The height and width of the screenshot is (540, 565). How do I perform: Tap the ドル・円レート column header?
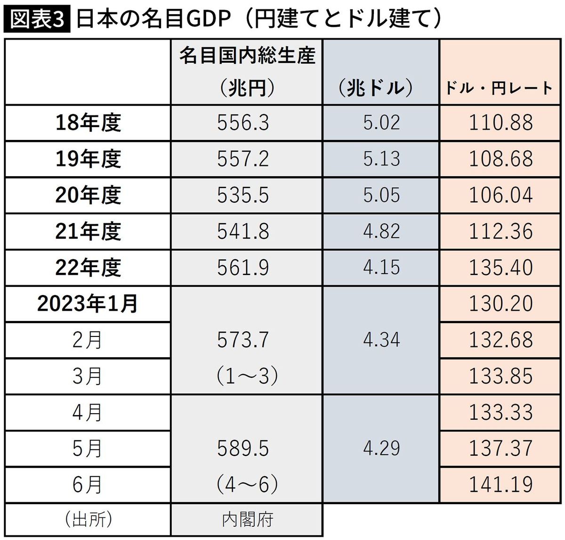coord(499,88)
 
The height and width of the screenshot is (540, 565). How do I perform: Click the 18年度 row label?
coord(88,123)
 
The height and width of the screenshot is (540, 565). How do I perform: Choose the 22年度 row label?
coord(88,268)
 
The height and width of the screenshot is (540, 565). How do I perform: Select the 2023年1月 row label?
coord(88,304)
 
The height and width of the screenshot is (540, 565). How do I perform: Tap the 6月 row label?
coord(88,484)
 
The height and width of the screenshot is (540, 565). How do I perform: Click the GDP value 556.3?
coord(243,123)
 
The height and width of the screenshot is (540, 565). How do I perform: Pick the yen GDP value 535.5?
coord(243,195)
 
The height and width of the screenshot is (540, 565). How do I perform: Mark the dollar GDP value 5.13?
coord(381,159)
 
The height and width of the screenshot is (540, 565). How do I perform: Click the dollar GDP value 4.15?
coord(381,268)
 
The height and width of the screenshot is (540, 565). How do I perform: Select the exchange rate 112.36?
coord(501,231)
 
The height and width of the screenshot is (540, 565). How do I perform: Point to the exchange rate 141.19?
coord(501,484)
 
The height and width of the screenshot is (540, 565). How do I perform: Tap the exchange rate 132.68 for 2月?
coord(501,340)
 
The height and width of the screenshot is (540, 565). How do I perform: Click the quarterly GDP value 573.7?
coord(243,340)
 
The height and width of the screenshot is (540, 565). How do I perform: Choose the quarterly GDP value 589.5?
coord(243,448)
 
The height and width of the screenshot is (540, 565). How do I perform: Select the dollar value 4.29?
coord(381,448)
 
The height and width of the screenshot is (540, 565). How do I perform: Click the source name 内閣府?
coord(247,520)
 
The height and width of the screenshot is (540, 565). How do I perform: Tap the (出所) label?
coord(88,520)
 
